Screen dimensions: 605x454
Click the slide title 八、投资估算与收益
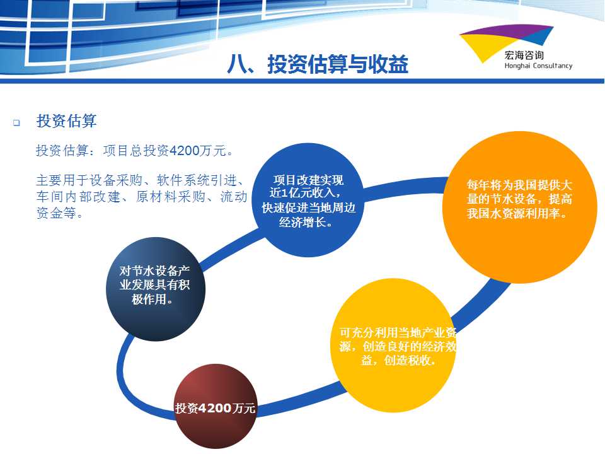[x=318, y=64]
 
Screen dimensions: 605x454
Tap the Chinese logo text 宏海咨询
[x=524, y=55]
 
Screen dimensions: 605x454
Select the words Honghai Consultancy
[x=538, y=66]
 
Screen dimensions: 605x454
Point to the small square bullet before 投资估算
[x=16, y=123]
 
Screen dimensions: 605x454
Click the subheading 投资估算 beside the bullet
[x=66, y=121]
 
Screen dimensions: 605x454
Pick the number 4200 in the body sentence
[x=185, y=151]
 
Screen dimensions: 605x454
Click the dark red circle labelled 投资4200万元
[x=216, y=405]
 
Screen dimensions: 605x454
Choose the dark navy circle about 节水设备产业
[x=156, y=289]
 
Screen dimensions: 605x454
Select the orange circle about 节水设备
[x=519, y=207]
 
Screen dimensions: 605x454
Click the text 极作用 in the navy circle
[x=149, y=299]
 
